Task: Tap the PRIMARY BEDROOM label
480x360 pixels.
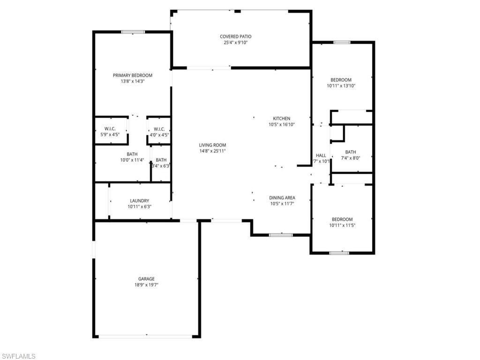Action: pyautogui.click(x=133, y=75)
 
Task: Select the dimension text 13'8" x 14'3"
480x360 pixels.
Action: pyautogui.click(x=133, y=81)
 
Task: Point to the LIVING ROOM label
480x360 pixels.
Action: pyautogui.click(x=212, y=145)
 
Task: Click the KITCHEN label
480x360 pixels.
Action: pyautogui.click(x=282, y=119)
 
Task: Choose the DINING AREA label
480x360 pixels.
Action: pyautogui.click(x=282, y=198)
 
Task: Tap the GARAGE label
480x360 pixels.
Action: pyautogui.click(x=146, y=279)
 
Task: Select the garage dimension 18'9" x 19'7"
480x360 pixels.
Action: pyautogui.click(x=146, y=285)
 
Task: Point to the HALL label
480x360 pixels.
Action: pyautogui.click(x=321, y=156)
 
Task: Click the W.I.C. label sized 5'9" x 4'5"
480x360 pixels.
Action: pyautogui.click(x=110, y=129)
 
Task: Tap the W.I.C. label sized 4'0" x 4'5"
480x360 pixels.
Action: pyautogui.click(x=159, y=129)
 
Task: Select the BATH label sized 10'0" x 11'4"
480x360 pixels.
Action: pyautogui.click(x=132, y=154)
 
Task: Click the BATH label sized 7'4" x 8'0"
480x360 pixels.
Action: pyautogui.click(x=351, y=152)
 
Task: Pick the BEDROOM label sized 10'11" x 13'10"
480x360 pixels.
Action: pyautogui.click(x=341, y=80)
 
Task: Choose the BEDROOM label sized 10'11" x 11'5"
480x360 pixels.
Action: pyautogui.click(x=342, y=219)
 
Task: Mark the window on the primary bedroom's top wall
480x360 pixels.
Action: pyautogui.click(x=133, y=32)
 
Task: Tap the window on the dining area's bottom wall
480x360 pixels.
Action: pyautogui.click(x=281, y=235)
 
